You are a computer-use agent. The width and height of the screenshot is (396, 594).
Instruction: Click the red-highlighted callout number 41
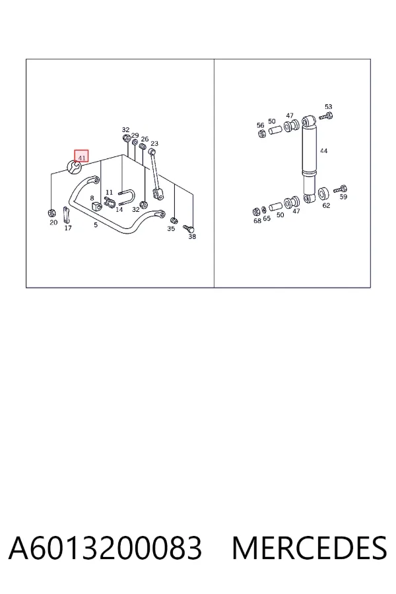pyautogui.click(x=81, y=156)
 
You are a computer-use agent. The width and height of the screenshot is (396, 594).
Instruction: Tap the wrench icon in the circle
pyautogui.click(x=75, y=167)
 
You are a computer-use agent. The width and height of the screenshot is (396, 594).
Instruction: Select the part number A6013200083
pyautogui.click(x=105, y=548)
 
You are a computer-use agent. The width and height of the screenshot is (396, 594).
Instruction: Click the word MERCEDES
pyautogui.click(x=310, y=548)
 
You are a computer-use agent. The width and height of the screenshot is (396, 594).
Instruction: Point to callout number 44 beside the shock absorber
pyautogui.click(x=323, y=150)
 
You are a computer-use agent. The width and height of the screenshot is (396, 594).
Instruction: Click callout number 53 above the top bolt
pyautogui.click(x=328, y=107)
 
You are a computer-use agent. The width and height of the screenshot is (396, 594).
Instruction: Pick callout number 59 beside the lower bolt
pyautogui.click(x=343, y=197)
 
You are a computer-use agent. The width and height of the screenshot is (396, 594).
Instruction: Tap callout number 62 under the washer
pyautogui.click(x=326, y=205)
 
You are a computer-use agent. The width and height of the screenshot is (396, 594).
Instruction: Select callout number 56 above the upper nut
pyautogui.click(x=260, y=125)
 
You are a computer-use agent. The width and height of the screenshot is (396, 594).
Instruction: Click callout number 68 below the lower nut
pyautogui.click(x=257, y=220)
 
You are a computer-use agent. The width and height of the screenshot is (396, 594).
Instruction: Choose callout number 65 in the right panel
pyautogui.click(x=267, y=218)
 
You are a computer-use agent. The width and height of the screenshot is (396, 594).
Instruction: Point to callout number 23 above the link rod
pyautogui.click(x=154, y=144)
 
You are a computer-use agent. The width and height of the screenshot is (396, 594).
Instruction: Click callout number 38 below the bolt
pyautogui.click(x=192, y=236)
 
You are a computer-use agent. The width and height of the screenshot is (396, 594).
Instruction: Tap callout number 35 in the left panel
pyautogui.click(x=171, y=228)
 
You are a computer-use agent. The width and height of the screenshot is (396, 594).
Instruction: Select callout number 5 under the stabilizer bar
pyautogui.click(x=96, y=224)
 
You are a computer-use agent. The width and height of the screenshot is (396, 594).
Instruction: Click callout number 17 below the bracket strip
pyautogui.click(x=68, y=228)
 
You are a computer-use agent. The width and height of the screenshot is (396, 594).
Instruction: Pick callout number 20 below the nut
pyautogui.click(x=53, y=222)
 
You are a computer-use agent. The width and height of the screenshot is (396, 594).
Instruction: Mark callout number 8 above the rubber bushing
pyautogui.click(x=92, y=198)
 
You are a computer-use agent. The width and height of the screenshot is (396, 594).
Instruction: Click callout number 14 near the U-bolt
pyautogui.click(x=119, y=209)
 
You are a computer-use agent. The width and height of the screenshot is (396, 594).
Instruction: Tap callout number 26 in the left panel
pyautogui.click(x=145, y=139)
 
